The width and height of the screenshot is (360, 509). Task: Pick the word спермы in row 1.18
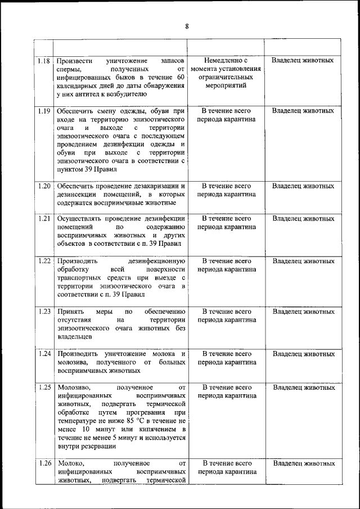coord(69,69)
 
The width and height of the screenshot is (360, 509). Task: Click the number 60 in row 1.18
coord(180,77)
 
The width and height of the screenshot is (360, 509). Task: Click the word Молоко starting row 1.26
coord(68,463)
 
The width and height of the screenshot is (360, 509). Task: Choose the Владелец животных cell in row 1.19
coord(303,111)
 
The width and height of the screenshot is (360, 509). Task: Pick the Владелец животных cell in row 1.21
coord(303,219)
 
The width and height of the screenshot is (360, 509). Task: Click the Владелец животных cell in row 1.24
coord(303,354)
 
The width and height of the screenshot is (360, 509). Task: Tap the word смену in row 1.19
coord(114,111)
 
